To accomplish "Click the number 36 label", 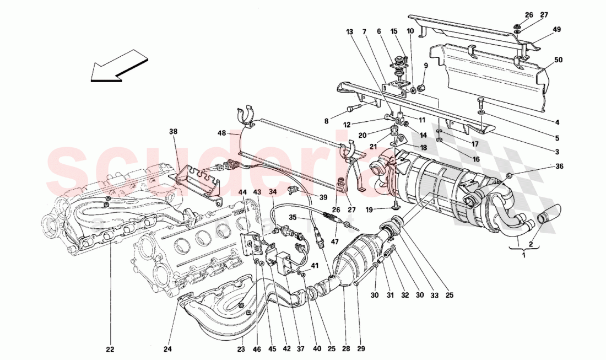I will coord(560,166).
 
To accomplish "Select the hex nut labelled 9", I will coord(420,87).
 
